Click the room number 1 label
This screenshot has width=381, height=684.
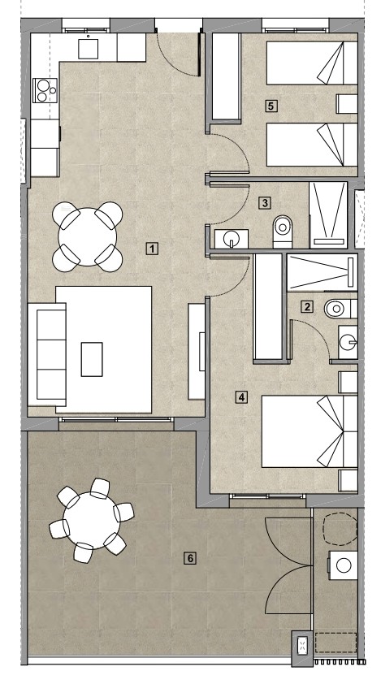(x=151, y=249)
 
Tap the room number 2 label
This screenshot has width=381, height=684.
(x=307, y=307)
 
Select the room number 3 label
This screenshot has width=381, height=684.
(x=265, y=203)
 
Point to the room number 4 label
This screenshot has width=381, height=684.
(x=241, y=397)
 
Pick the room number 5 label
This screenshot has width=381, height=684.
(x=271, y=106)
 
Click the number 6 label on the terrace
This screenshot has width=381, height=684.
(x=189, y=558)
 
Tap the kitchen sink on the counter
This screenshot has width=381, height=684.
(x=89, y=48)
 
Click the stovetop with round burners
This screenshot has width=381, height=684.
(x=45, y=90)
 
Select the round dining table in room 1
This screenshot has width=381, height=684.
(x=88, y=237)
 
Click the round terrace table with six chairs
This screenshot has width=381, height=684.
(x=92, y=521)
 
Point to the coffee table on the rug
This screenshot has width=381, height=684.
(x=92, y=359)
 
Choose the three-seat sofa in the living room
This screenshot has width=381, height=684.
(x=47, y=354)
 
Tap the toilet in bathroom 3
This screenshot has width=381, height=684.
(x=283, y=232)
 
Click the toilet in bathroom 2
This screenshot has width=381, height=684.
(x=340, y=309)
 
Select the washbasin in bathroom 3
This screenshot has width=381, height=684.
(x=232, y=239)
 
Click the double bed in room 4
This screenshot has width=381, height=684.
(x=310, y=431)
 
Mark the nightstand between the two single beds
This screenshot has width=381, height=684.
(x=347, y=104)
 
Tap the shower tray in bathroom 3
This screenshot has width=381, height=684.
(x=328, y=215)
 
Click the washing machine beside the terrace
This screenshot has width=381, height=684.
(x=343, y=565)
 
